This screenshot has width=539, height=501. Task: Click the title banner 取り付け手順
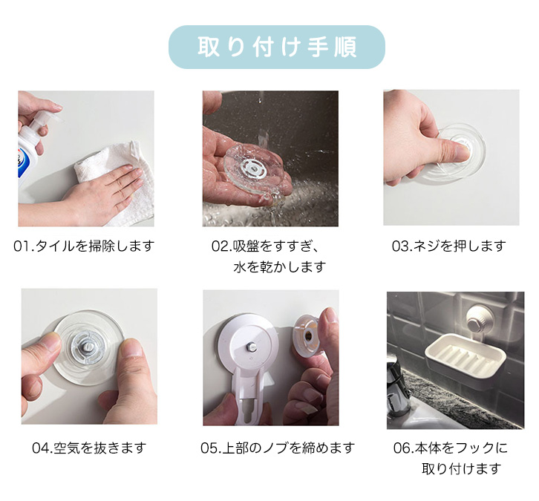coord(277,47)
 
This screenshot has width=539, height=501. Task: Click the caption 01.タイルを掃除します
coord(84,246)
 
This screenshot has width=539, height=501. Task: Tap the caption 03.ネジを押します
coord(449,246)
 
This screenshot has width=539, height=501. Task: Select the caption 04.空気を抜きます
coord(89,448)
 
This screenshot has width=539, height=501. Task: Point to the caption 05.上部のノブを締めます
coord(278,448)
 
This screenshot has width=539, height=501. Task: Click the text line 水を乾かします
coord(280,266)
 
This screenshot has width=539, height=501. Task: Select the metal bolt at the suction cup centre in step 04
coord(87,347)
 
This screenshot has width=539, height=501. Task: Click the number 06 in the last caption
coord(402,448)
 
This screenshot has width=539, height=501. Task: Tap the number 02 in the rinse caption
coord(220,246)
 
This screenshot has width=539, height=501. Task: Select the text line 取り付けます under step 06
coord(461,468)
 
